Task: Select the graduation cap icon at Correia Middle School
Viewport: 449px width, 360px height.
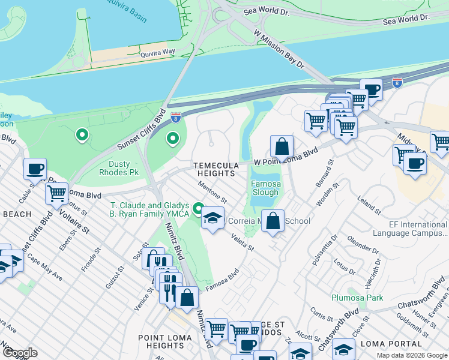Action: [x=213, y=218]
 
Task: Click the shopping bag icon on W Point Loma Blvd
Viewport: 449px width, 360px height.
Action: [x=281, y=146]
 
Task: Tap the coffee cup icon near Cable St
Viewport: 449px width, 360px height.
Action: [x=35, y=169]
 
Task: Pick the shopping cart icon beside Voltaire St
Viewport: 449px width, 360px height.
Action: [x=56, y=194]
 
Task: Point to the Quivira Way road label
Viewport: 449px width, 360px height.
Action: [x=157, y=53]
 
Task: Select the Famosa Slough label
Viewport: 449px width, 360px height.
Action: [x=265, y=188]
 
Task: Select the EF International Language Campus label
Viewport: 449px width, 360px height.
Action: [x=410, y=229]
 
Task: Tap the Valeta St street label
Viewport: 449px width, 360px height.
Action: [x=243, y=243]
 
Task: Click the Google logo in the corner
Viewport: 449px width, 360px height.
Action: [x=20, y=353]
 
